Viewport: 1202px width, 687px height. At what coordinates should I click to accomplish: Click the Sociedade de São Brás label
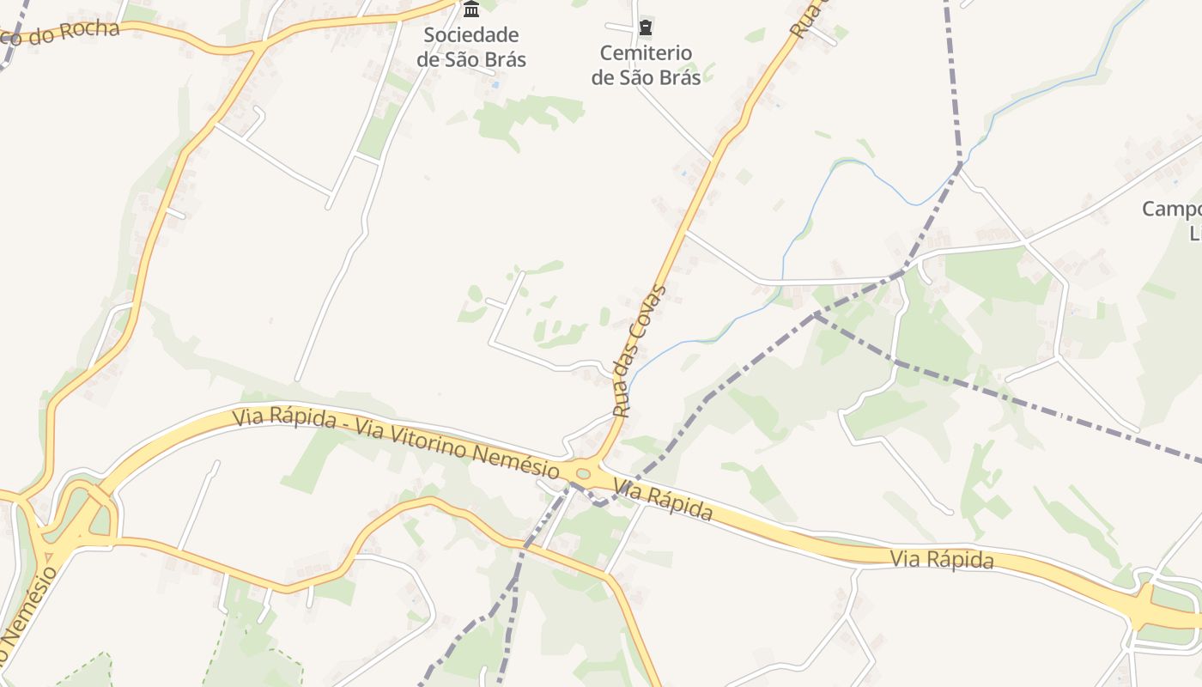coord(470,47)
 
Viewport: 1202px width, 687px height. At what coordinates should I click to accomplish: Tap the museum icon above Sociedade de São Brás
coord(471,9)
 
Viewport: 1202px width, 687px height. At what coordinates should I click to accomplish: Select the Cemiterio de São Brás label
coord(646,64)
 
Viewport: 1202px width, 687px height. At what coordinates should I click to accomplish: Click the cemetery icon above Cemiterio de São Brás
coord(646,28)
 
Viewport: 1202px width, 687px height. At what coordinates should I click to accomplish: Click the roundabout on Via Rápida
coord(584,473)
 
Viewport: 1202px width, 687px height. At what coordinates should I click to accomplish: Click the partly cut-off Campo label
coord(1173,210)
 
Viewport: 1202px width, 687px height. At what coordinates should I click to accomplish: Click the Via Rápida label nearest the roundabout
coord(663,501)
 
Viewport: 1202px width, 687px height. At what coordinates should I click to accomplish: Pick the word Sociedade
coord(470,35)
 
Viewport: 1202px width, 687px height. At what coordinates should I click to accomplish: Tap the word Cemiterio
coord(646,52)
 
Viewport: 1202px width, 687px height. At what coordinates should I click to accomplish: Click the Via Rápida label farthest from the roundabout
coord(942,560)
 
